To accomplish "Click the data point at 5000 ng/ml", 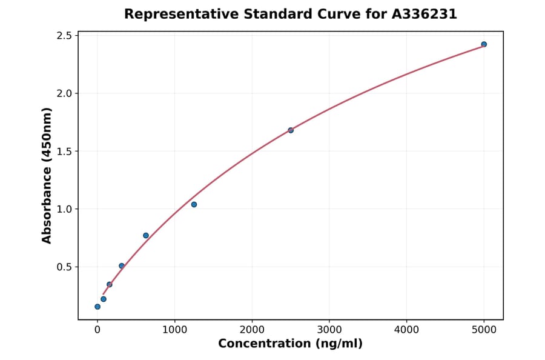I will [x=484, y=44].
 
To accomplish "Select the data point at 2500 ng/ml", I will [x=291, y=130].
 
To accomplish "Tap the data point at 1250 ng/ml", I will [x=194, y=204].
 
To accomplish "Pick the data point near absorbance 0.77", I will [x=146, y=235].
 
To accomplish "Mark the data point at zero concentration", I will [x=97, y=307].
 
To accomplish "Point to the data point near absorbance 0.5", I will [x=122, y=266].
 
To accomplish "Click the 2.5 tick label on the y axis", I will [x=63, y=36].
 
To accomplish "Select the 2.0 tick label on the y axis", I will [x=63, y=93].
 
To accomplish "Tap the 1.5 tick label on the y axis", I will [x=63, y=152].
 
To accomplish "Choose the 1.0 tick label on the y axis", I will [x=63, y=209].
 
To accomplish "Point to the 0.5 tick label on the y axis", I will [x=63, y=267].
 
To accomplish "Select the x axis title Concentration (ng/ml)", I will [x=290, y=344].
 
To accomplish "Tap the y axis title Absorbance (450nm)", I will [x=47, y=175].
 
